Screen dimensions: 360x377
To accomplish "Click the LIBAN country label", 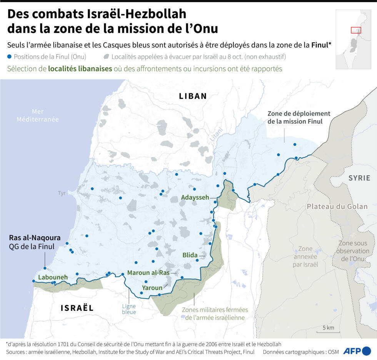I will tap(193, 96).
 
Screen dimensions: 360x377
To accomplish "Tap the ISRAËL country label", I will tap(77, 307).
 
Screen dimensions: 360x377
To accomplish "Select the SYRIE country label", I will tap(359, 178).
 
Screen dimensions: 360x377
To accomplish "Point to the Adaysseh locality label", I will tap(195, 197).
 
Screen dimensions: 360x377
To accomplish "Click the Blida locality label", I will tap(190, 255).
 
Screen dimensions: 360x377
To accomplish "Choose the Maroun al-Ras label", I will tap(148, 273).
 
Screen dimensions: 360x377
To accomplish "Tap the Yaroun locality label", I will tap(152, 287).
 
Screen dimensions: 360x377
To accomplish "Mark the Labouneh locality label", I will tap(53, 277).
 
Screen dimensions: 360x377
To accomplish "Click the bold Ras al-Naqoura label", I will tap(35, 238).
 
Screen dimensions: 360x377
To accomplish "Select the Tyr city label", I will tap(62, 193).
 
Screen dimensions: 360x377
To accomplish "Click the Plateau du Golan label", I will tap(337, 207).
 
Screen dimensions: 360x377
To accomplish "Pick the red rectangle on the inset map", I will tap(356, 30).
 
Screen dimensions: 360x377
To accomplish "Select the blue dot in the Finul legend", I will tap(9, 57).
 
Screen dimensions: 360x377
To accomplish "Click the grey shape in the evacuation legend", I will tap(106, 57).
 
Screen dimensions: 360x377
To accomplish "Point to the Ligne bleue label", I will tap(129, 309).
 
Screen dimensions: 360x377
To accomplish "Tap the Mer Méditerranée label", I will tap(38, 115).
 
